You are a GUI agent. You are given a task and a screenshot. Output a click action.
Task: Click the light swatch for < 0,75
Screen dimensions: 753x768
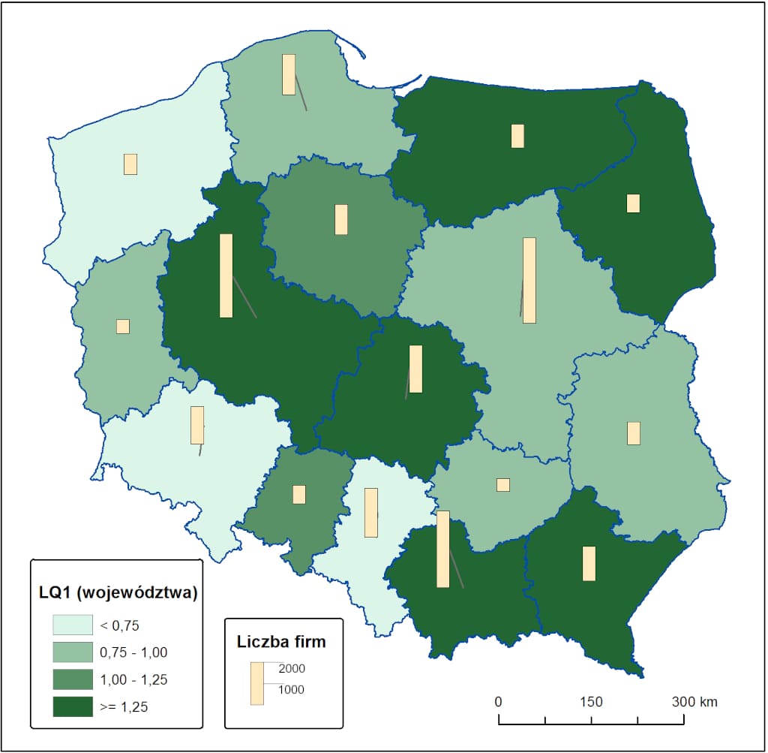tap(70, 625)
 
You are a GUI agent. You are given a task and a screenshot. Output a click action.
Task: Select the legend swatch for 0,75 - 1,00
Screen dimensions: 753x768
tap(70, 652)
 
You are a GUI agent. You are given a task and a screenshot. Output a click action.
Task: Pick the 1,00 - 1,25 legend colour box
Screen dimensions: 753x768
tap(70, 679)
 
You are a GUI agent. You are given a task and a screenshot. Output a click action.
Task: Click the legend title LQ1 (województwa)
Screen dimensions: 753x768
tap(118, 593)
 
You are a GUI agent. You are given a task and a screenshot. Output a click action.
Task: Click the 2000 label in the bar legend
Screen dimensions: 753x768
tap(292, 668)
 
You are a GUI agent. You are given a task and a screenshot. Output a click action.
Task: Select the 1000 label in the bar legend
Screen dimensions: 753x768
tap(292, 689)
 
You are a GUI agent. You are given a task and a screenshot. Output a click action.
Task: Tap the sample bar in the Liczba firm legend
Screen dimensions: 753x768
tap(257, 683)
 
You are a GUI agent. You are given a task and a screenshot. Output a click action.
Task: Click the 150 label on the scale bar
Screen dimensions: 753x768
tap(591, 702)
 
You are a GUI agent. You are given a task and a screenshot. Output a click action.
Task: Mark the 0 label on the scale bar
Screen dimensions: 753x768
tap(499, 702)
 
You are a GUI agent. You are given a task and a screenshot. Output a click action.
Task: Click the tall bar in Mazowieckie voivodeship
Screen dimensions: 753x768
tap(529, 280)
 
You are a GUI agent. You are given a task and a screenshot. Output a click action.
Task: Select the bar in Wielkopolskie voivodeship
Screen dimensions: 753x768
tap(226, 276)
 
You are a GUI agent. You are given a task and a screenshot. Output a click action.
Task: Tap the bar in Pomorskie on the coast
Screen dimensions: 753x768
tap(288, 74)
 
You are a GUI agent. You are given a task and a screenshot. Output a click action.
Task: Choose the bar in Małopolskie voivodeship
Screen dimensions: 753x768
tap(442, 549)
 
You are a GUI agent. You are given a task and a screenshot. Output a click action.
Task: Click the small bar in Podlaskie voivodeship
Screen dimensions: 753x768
tap(633, 203)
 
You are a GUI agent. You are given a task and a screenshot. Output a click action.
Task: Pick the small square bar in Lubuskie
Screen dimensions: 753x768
tap(123, 327)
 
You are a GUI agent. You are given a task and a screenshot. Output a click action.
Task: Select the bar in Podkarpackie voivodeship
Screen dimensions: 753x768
tap(589, 563)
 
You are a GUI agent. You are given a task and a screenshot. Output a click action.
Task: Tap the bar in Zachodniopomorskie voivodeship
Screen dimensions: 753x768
tap(130, 164)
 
